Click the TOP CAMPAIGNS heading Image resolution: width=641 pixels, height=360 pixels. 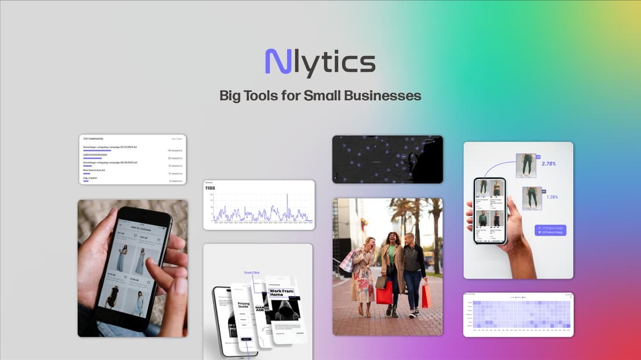point(93,139)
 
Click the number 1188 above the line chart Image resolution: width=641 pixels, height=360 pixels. point(210,189)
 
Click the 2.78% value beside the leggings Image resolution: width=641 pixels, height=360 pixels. point(550,163)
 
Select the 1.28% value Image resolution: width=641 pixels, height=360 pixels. point(552,196)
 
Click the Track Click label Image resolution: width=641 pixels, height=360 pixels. point(252,273)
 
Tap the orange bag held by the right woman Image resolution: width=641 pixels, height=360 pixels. point(426,296)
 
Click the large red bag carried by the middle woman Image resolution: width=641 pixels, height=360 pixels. point(384,292)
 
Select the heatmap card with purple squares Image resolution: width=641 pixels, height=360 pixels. point(518,314)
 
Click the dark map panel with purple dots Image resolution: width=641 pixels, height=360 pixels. point(387,159)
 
